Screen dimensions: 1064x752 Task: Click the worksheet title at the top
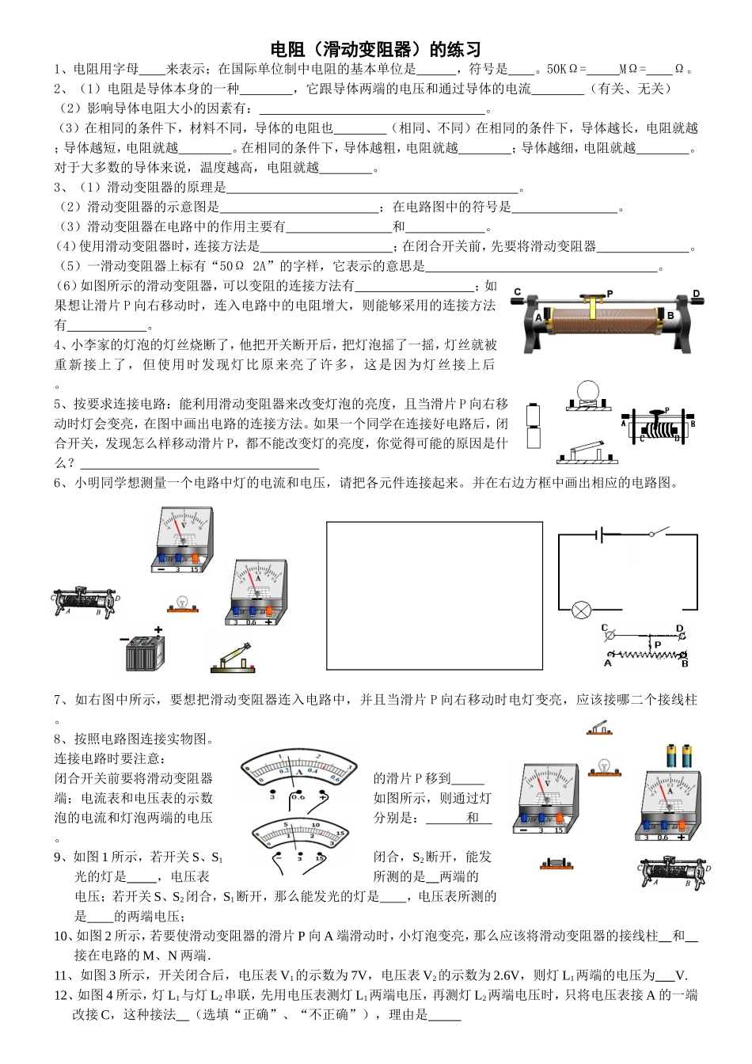[376, 49]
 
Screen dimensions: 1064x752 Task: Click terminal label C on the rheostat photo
[517, 292]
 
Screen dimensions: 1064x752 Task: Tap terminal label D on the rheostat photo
[697, 294]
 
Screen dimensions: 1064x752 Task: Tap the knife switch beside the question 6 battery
[233, 659]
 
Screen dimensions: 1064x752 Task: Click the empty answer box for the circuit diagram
[435, 595]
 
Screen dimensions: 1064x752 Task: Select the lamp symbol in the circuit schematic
[582, 610]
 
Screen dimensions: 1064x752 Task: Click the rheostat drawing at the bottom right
[675, 872]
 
